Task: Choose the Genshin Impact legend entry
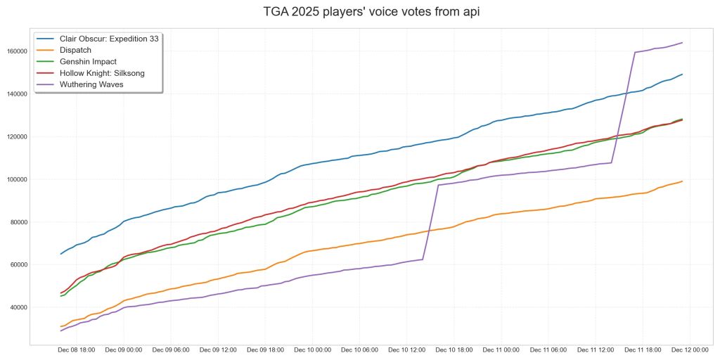[89, 61]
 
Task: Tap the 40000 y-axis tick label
[16, 307]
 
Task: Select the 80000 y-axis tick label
[16, 222]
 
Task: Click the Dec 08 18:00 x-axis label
[76, 349]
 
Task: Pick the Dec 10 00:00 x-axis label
[312, 349]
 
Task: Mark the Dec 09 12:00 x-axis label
[217, 349]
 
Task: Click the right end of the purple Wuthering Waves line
[682, 43]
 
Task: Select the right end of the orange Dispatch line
[682, 181]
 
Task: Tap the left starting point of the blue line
[60, 254]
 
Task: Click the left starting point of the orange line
[60, 326]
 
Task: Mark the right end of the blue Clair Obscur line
[682, 75]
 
